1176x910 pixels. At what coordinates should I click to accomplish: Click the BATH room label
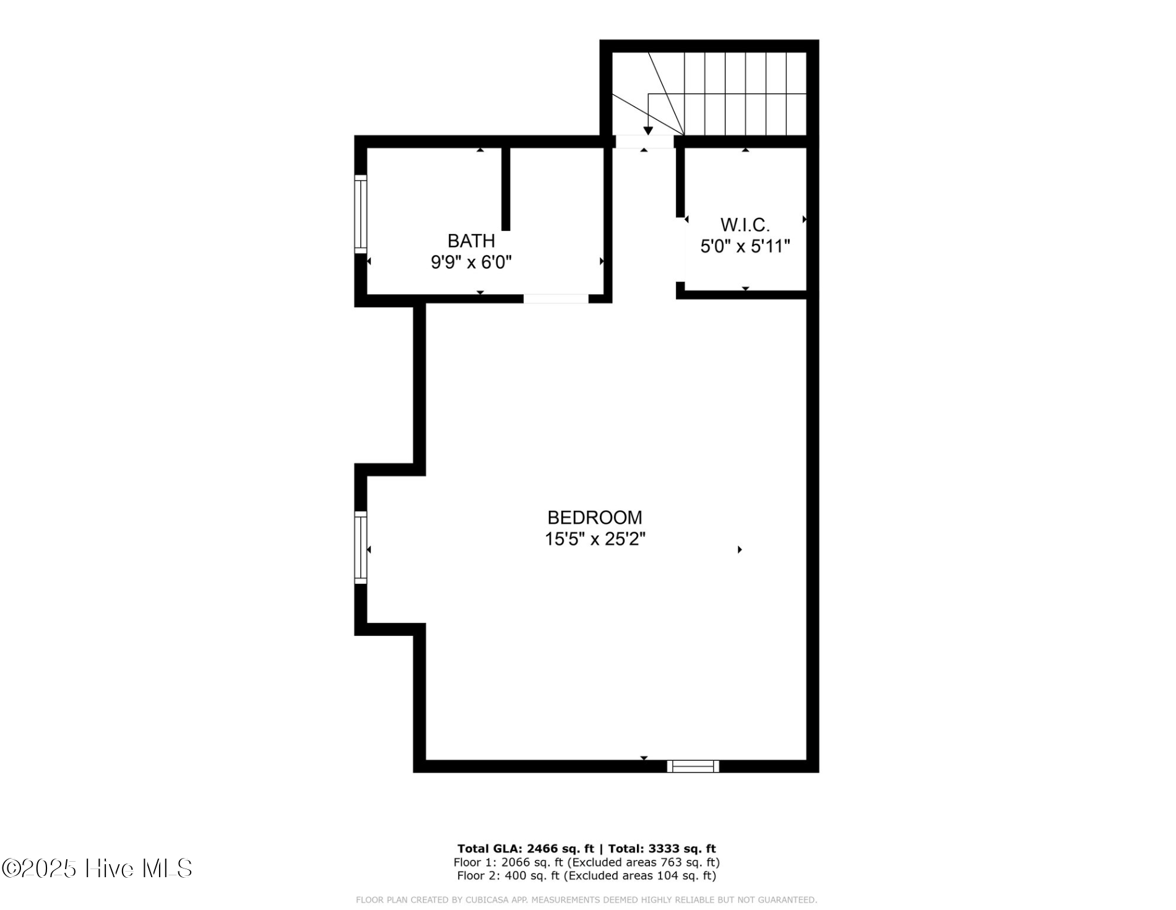point(471,240)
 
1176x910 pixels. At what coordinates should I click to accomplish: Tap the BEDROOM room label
point(594,517)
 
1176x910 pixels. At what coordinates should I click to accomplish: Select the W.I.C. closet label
point(745,224)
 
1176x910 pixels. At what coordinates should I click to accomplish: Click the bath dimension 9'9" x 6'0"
point(471,262)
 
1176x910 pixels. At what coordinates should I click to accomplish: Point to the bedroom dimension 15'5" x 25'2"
point(594,539)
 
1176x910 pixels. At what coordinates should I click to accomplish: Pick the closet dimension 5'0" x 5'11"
point(745,246)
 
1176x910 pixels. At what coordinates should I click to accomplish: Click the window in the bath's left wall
point(360,214)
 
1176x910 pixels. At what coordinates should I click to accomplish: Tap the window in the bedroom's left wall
point(360,547)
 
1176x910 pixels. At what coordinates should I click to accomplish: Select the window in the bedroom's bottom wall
point(693,766)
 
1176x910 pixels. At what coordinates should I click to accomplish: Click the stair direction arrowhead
point(647,131)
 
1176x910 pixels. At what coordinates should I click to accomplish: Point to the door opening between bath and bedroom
point(555,298)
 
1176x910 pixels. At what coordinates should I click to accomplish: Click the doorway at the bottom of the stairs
point(644,142)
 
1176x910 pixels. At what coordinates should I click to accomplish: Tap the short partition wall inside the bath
point(506,189)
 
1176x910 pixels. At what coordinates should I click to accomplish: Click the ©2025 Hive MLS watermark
point(97,868)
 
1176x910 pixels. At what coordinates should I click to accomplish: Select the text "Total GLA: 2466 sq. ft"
point(525,849)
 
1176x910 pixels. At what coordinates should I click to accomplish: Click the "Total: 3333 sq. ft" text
point(662,849)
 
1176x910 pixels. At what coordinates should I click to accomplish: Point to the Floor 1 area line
point(586,862)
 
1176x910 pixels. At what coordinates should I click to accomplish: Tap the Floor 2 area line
point(586,876)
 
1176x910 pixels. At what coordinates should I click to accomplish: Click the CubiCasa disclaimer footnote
point(586,900)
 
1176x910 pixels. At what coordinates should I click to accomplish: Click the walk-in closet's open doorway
point(682,251)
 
